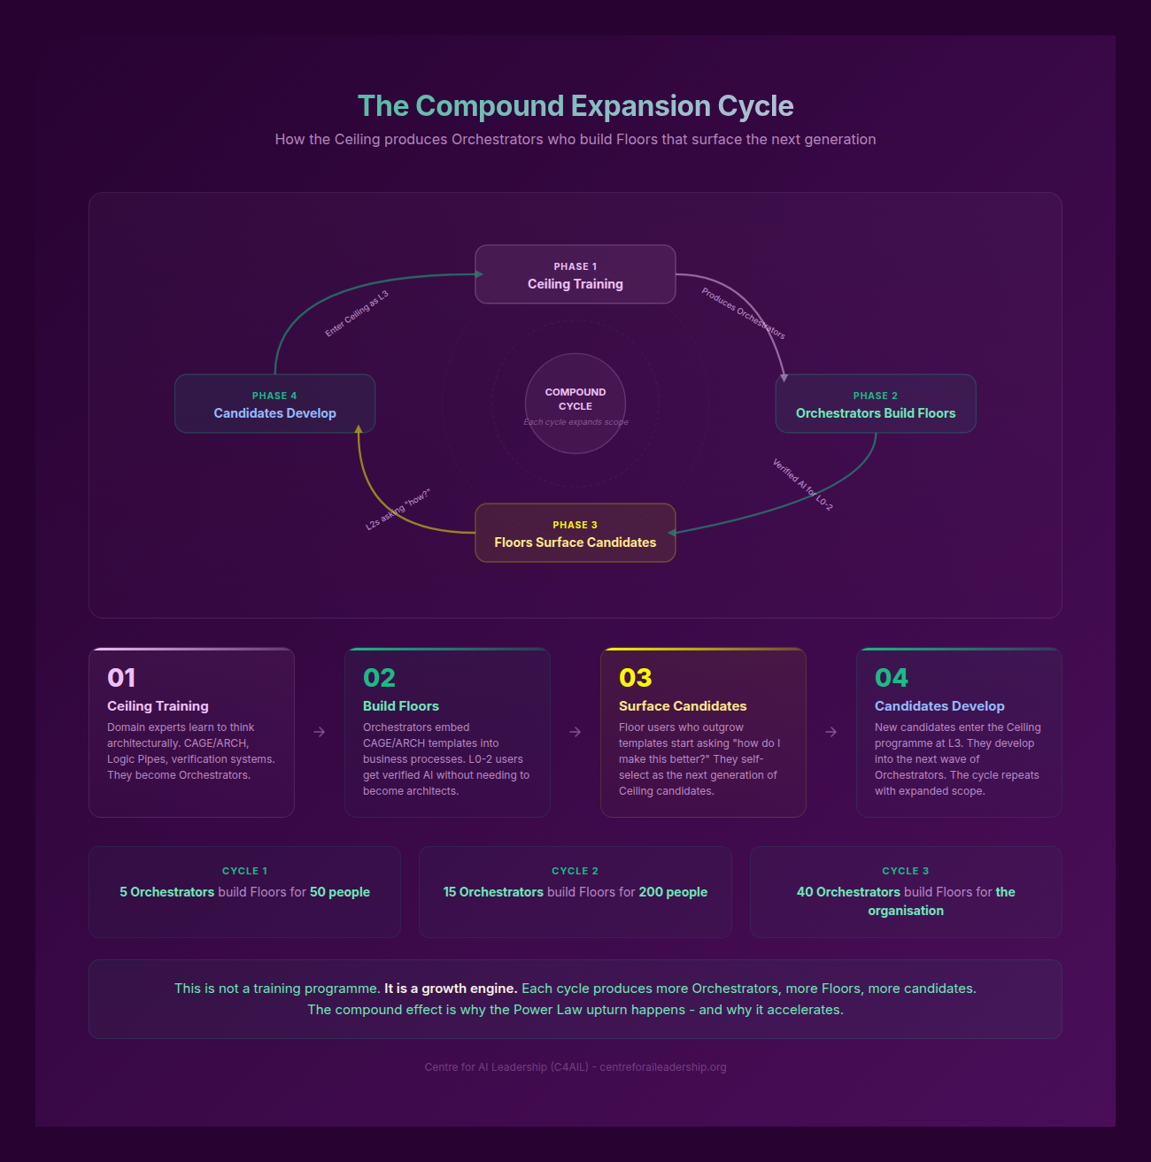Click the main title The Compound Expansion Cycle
(575, 106)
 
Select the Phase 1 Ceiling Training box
(575, 275)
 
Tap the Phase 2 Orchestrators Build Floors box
(875, 404)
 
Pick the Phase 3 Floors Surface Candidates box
(575, 534)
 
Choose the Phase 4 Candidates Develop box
(274, 404)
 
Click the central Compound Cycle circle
(575, 403)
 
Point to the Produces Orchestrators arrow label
(743, 313)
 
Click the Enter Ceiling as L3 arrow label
(357, 313)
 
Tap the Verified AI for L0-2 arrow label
(802, 484)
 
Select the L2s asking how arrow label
(398, 509)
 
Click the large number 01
(121, 678)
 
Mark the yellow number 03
(635, 678)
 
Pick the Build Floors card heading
(401, 706)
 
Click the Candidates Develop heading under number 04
(939, 706)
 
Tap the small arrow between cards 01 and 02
(320, 732)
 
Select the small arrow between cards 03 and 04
(831, 732)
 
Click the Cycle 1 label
(244, 871)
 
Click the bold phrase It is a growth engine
(451, 989)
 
